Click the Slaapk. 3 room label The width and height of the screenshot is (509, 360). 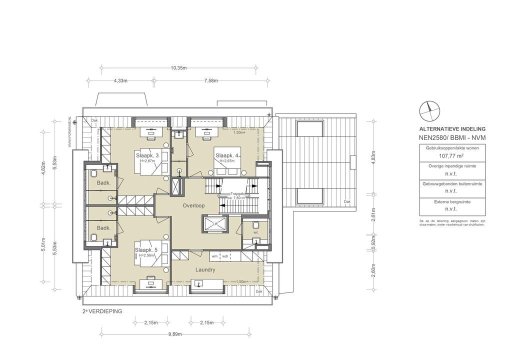[147, 156]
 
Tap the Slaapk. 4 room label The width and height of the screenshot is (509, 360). [227, 156]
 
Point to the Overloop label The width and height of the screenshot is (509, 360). [193, 205]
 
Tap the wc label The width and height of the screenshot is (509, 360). [255, 232]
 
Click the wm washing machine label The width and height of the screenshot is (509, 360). [214, 256]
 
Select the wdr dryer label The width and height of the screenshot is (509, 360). [225, 256]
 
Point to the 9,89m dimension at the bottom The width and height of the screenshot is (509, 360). [174, 333]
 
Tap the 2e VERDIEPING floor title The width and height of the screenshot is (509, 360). [102, 310]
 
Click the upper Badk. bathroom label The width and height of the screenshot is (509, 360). [103, 183]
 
